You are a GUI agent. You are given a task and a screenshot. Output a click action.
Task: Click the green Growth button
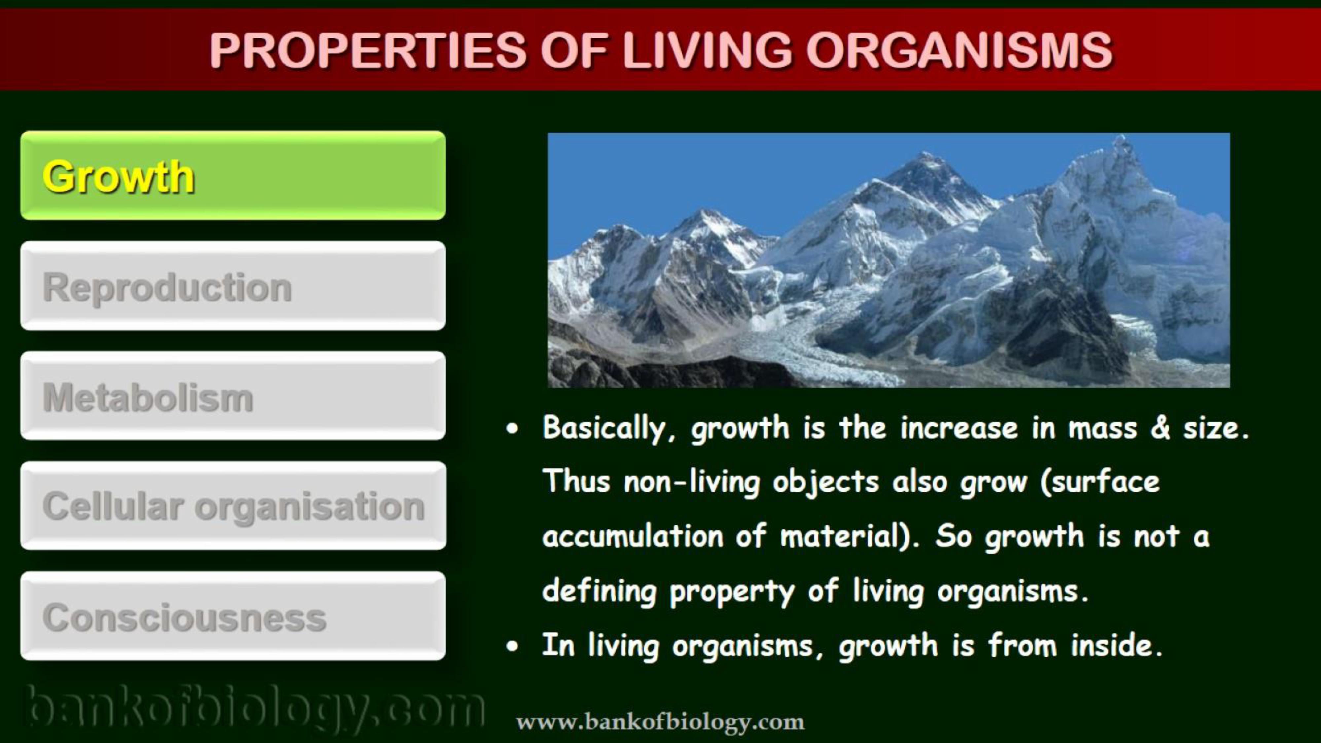click(x=233, y=175)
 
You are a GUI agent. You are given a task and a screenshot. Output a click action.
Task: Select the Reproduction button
click(x=233, y=286)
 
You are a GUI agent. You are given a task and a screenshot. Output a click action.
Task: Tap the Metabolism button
click(x=233, y=395)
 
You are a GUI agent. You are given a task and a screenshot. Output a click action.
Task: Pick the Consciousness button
click(x=233, y=616)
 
